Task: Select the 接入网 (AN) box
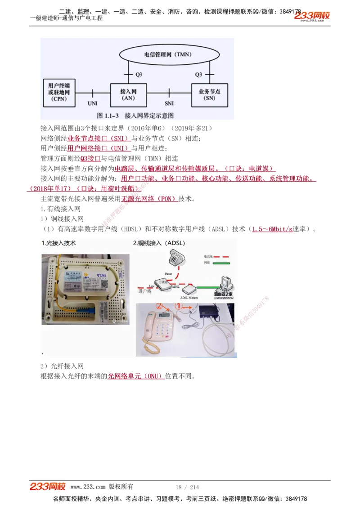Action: [128, 94]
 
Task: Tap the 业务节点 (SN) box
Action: [209, 94]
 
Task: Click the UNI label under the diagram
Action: [92, 103]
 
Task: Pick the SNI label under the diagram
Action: [169, 103]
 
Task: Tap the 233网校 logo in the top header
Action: [312, 16]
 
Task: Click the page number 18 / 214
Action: [187, 487]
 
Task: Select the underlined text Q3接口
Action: [90, 158]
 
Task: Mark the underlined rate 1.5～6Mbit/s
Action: [272, 229]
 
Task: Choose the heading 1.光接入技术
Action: [58, 243]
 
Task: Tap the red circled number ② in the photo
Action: [159, 306]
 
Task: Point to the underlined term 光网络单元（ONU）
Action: [135, 376]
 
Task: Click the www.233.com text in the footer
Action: [88, 487]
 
